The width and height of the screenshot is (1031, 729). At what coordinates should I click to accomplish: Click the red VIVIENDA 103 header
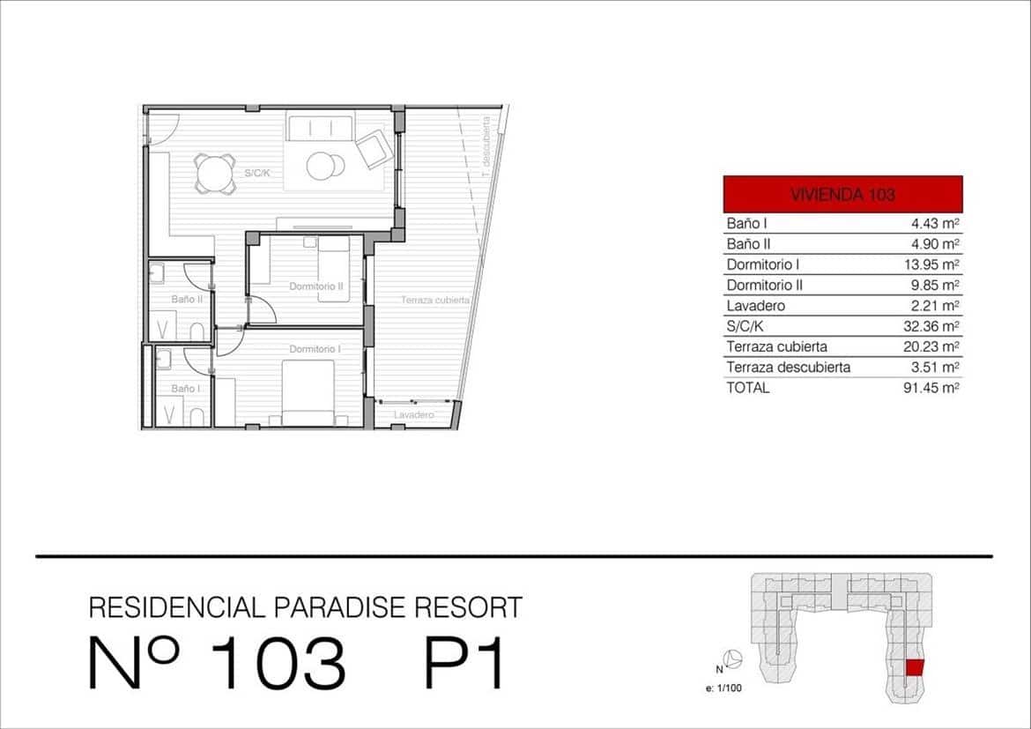tap(842, 194)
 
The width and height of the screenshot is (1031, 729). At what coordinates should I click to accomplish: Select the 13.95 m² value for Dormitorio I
tap(935, 264)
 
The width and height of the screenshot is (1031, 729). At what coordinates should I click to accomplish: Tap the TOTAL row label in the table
tap(748, 388)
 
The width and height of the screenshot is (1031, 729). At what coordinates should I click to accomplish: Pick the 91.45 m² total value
tap(935, 388)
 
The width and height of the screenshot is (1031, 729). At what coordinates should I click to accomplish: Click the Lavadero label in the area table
tap(755, 306)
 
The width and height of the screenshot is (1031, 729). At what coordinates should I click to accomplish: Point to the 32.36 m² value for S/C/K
tap(935, 326)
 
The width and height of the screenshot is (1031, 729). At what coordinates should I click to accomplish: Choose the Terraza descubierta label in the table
tap(788, 368)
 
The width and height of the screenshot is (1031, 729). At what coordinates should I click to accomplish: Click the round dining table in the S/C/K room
tap(215, 173)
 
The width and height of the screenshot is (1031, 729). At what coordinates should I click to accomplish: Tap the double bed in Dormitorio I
tap(308, 392)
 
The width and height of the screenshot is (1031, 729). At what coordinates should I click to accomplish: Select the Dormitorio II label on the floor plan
tap(315, 286)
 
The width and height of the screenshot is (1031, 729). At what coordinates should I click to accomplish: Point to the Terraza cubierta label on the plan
tap(435, 301)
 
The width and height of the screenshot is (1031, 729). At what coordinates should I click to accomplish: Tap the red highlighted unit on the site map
tap(915, 668)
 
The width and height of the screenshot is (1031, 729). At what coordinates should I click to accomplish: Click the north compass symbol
tap(733, 658)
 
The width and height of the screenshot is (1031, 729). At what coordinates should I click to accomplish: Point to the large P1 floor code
tap(464, 664)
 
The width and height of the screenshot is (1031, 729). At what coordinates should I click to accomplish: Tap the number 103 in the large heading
tap(278, 664)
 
